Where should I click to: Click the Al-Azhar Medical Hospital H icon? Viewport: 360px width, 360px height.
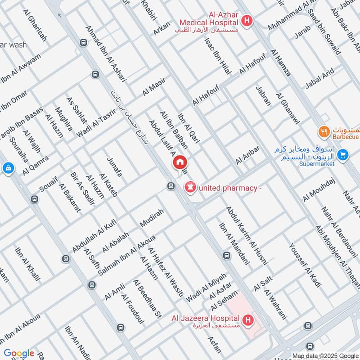pos(246,20)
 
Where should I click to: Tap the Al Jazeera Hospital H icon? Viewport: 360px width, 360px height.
pos(247,320)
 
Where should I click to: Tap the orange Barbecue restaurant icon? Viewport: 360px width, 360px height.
pos(324,132)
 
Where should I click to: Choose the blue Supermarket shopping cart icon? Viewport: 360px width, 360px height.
pos(343,154)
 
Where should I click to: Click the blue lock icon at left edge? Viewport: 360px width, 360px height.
pos(8,169)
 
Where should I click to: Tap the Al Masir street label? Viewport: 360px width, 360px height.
pos(154,87)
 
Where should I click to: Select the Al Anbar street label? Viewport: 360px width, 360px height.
pos(247,155)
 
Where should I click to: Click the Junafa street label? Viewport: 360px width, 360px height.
pos(114,166)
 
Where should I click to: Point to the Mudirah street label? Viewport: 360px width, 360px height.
pos(152,218)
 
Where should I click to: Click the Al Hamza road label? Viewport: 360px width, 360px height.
pos(280,63)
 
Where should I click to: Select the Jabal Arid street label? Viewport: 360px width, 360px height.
pos(319,77)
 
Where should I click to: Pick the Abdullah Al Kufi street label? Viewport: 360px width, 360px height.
pos(94,235)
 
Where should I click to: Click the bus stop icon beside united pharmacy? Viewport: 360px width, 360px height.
pos(171,186)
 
